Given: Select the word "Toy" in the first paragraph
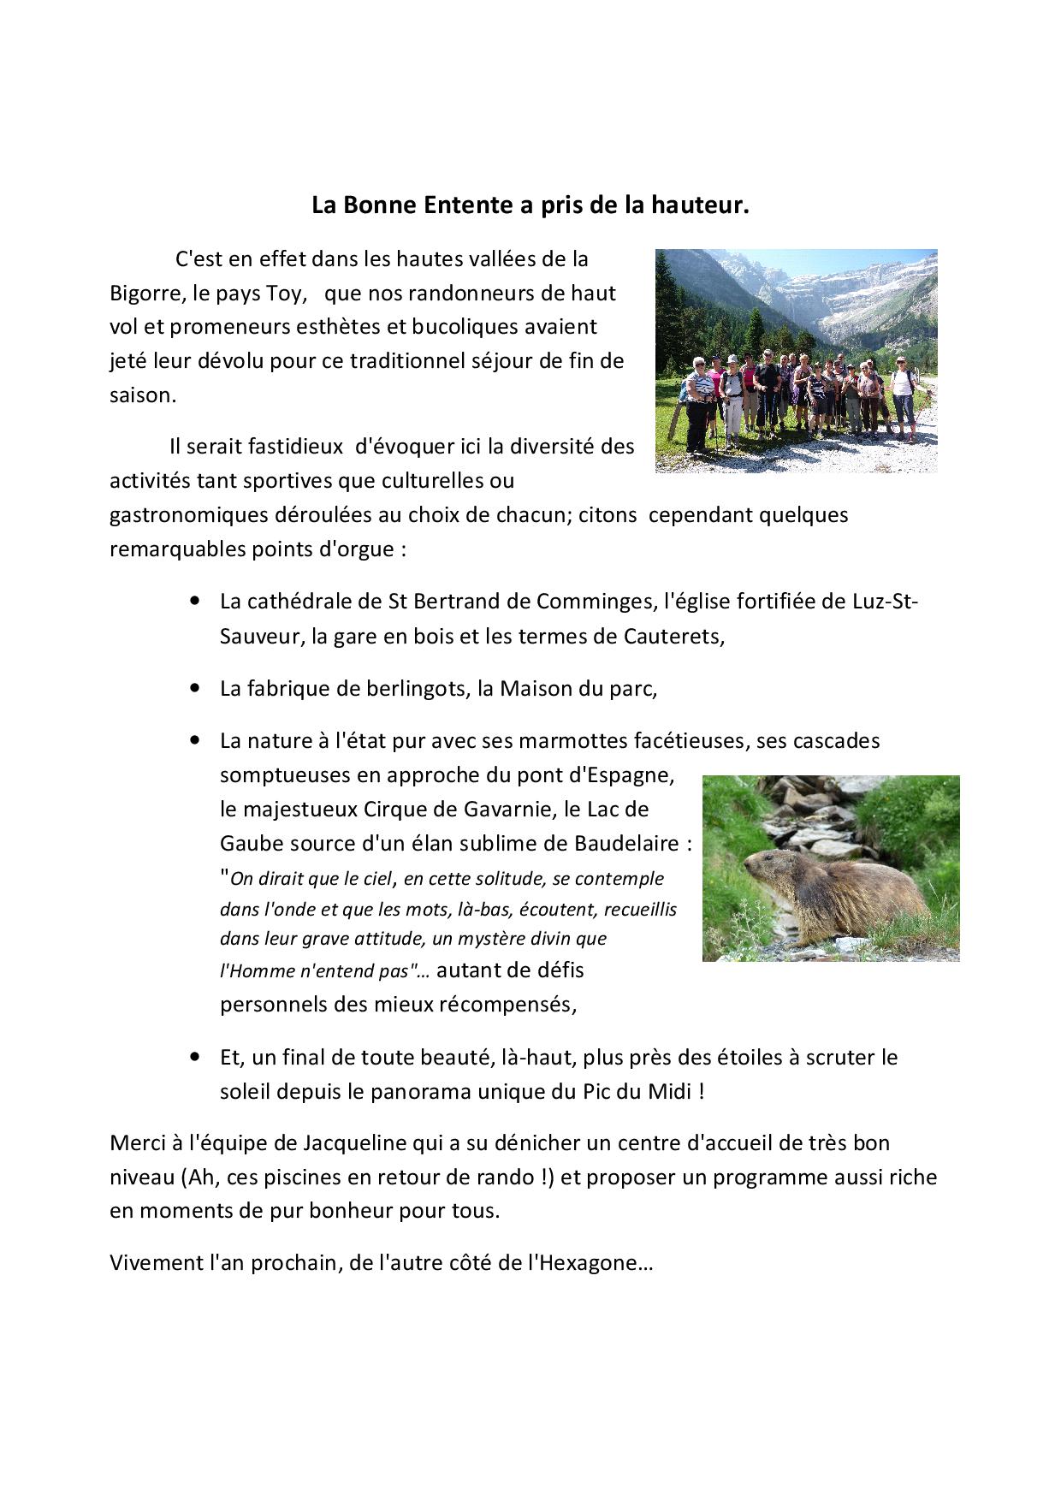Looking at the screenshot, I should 286,294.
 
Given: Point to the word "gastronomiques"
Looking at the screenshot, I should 186,515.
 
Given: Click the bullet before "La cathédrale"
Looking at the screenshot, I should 198,602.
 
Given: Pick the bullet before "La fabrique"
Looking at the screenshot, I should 198,689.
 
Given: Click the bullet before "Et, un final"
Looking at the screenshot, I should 198,1058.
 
